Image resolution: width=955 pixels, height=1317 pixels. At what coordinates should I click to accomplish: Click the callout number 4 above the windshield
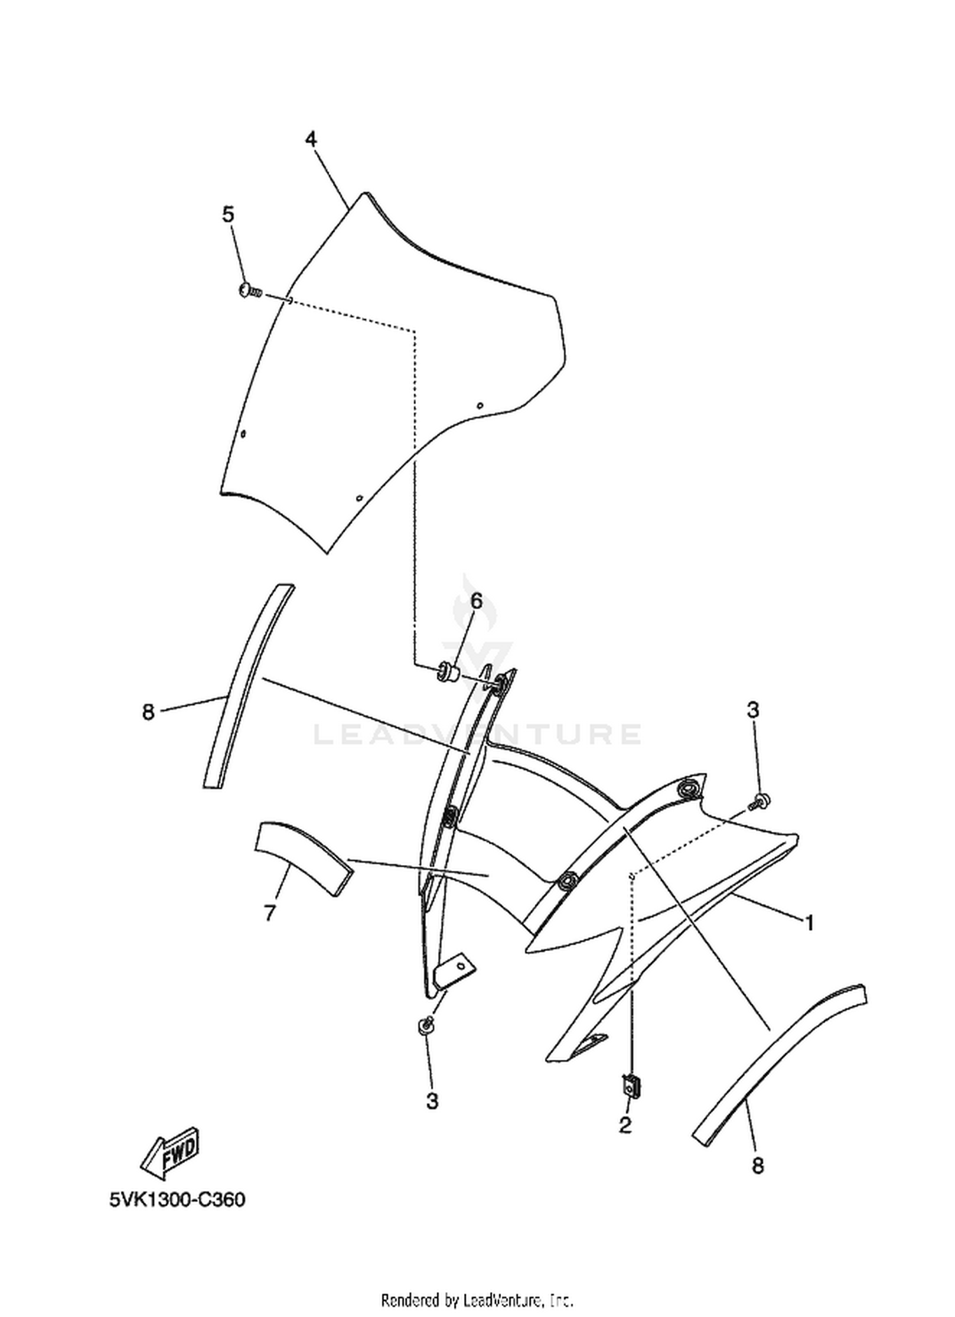311,139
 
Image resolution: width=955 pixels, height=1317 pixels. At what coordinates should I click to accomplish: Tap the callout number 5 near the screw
228,215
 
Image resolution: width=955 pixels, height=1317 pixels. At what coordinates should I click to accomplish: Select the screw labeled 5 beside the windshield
250,292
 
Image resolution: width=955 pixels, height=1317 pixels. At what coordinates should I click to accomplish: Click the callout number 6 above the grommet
476,600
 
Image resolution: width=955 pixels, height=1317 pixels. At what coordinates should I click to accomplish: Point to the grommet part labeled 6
448,672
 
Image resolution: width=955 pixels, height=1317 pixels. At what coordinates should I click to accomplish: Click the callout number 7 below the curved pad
270,913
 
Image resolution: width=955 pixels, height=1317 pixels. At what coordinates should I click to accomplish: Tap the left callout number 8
148,712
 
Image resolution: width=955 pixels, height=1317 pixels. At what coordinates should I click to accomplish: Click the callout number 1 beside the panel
809,922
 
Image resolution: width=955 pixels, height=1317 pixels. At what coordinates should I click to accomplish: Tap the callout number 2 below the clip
625,1125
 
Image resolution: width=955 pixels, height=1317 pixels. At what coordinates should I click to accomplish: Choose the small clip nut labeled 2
631,1084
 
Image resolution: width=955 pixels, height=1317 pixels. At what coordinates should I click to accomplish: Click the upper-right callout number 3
753,710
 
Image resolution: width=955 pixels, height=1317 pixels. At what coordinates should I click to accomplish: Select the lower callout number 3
432,1101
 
